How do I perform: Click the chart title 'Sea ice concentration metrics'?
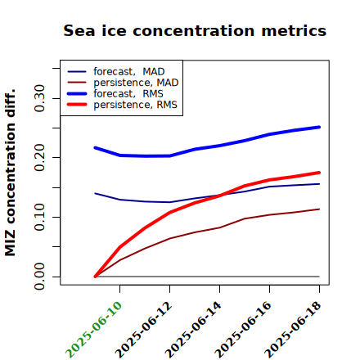coord(195,30)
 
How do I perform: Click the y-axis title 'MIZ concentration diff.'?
coord(10,173)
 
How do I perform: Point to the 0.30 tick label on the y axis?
coord(39,98)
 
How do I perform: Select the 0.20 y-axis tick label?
coord(39,157)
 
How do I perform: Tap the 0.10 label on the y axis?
coord(39,217)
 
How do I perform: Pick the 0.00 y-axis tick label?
coord(39,277)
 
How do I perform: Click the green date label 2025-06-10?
coord(93,330)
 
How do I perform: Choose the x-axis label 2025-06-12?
coord(143,330)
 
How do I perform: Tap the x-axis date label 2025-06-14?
coord(193,330)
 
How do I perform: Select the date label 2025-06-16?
coord(243,330)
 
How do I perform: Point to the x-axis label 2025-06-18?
coord(293,330)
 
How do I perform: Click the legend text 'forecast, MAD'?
coord(129,71)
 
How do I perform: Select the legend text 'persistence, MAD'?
coord(136,83)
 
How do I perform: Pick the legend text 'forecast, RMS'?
coord(128,93)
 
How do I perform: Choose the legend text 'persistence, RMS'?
coord(135,105)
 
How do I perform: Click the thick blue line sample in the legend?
coord(77,93)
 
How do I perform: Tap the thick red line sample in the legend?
coord(77,105)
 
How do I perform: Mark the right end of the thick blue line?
coord(319,127)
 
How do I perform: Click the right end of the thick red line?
coord(319,173)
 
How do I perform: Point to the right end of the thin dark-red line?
coord(319,209)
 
